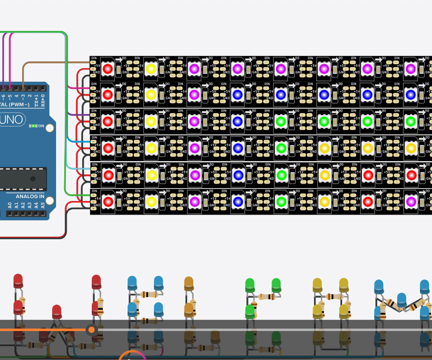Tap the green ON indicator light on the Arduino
[33, 126]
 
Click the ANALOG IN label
[30, 197]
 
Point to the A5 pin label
[43, 205]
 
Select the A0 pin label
[10, 205]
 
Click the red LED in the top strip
[108, 69]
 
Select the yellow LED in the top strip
[151, 69]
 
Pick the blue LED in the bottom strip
[237, 201]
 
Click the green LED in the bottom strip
[281, 201]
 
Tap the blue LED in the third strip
[237, 121]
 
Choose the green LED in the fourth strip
[281, 147]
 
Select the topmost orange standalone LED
[188, 283]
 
